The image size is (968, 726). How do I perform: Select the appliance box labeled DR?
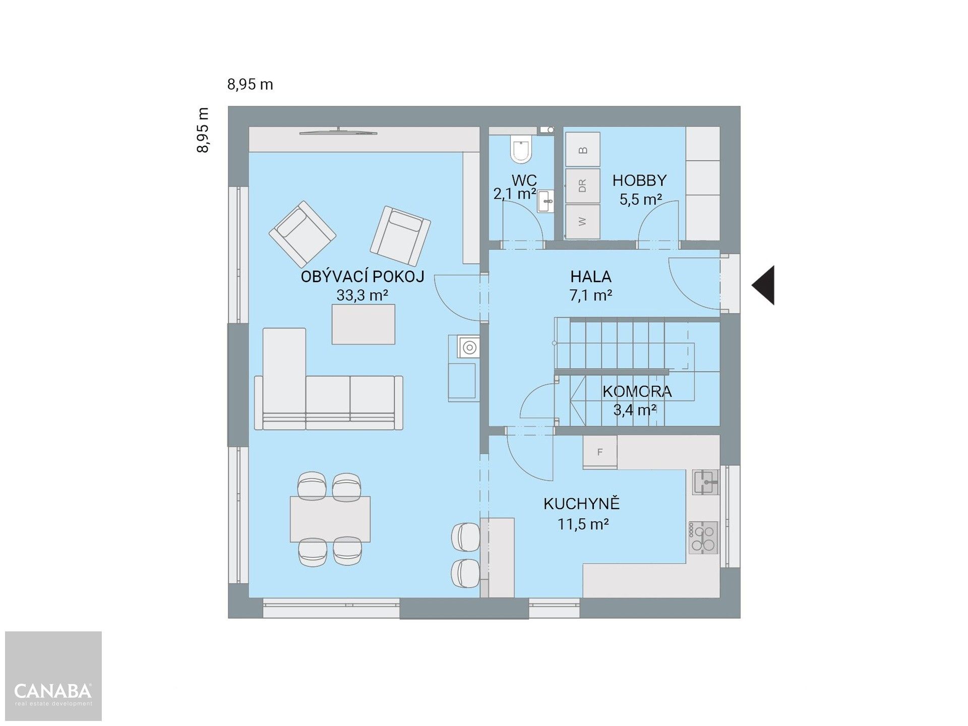[x=582, y=186]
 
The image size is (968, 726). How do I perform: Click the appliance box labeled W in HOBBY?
[x=582, y=221]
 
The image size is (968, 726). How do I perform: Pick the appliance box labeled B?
[x=582, y=149]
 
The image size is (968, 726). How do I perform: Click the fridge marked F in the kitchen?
[x=599, y=452]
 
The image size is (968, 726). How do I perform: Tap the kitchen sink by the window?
[x=706, y=482]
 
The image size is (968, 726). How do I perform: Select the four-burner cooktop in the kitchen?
[x=703, y=537]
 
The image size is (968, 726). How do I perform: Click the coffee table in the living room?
[x=363, y=324]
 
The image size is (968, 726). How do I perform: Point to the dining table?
[x=330, y=519]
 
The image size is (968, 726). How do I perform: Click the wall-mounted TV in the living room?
[x=338, y=132]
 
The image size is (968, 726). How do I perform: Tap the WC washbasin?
[x=546, y=202]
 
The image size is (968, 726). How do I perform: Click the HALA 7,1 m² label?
[x=591, y=286]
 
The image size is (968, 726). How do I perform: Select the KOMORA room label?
[x=637, y=391]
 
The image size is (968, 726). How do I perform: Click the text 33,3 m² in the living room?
[x=362, y=295]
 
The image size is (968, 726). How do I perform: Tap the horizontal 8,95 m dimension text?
[x=250, y=85]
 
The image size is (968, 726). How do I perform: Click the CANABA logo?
[x=53, y=691]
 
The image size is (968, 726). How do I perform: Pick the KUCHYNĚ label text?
[x=581, y=504]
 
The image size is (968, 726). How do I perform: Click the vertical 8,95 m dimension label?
[x=203, y=130]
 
